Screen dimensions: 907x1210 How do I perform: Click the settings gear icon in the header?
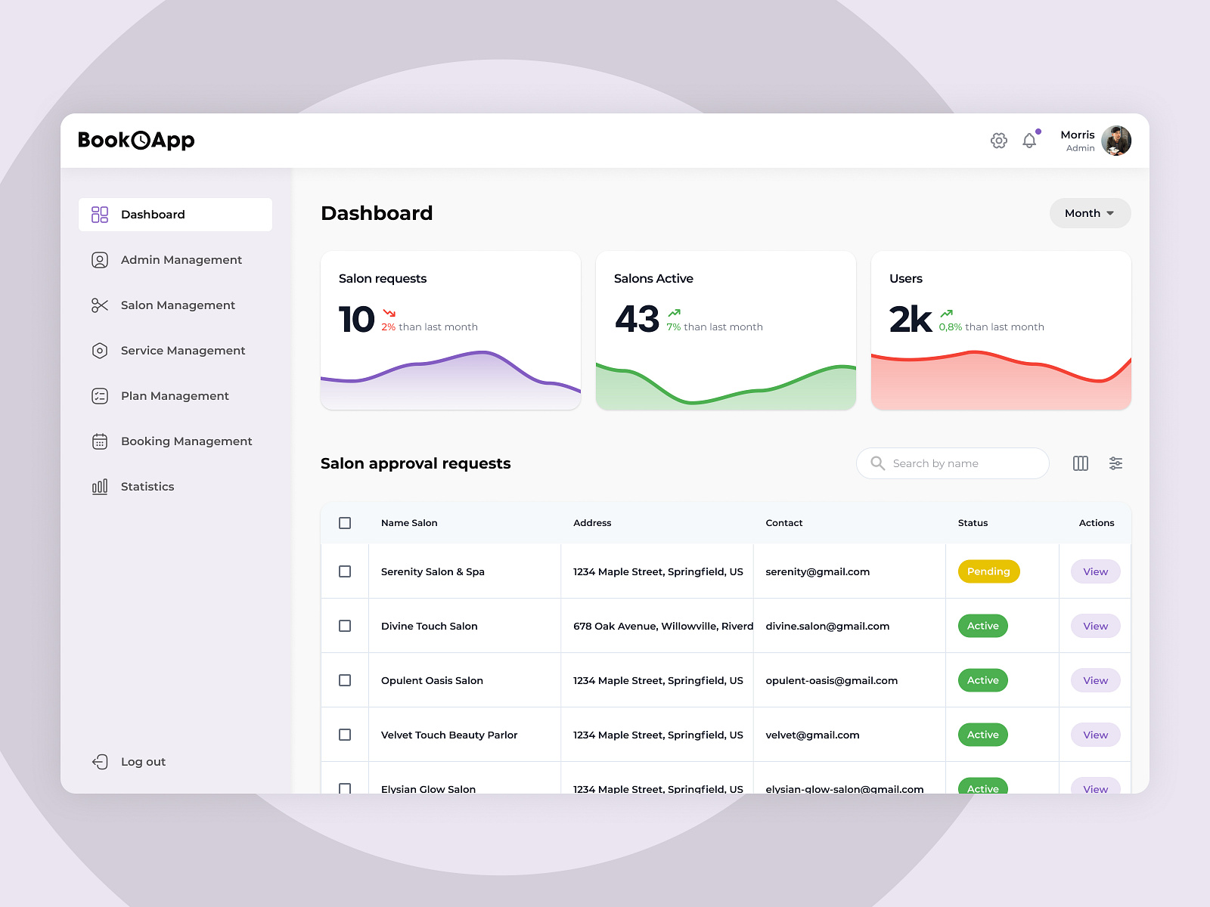(x=999, y=141)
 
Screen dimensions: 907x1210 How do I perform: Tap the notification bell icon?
(x=1029, y=141)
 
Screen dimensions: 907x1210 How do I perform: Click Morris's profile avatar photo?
(x=1115, y=141)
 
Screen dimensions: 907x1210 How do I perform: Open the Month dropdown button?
(x=1090, y=213)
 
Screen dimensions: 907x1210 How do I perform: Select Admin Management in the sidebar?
(x=181, y=260)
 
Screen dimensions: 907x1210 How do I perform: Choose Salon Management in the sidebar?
(x=178, y=305)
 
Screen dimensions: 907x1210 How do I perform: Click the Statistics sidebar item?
(x=147, y=487)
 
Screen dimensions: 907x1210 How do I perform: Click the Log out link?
(x=142, y=762)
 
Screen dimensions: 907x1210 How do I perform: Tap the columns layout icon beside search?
(x=1081, y=463)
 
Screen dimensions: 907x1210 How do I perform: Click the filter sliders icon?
(x=1115, y=463)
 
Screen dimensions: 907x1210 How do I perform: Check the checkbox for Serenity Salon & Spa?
(x=345, y=571)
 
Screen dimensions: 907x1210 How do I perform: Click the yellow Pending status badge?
(x=988, y=571)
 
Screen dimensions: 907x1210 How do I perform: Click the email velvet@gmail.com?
(x=812, y=735)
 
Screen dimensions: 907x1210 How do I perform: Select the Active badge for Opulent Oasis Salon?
(x=982, y=680)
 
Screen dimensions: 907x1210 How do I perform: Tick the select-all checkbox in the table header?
(x=345, y=523)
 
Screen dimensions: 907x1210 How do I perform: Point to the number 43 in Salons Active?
(x=637, y=319)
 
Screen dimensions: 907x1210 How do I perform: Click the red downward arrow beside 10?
(x=389, y=313)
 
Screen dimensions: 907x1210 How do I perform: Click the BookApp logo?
(x=136, y=141)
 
